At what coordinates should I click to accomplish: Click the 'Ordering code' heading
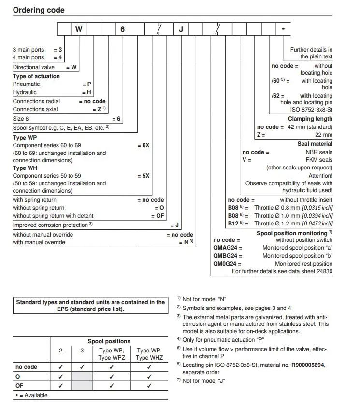coord(39,10)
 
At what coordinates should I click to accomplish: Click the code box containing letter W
coord(79,29)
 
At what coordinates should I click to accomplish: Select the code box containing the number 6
coord(122,29)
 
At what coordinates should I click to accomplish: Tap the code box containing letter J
coord(181,29)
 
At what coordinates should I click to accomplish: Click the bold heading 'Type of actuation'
coord(36,76)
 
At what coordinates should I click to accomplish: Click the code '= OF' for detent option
coord(158,216)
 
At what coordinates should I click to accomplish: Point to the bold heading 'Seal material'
coord(315,144)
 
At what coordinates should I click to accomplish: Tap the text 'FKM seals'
coord(319,160)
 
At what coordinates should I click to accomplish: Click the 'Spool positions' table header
coord(109,341)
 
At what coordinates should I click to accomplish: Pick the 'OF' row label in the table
coord(19,385)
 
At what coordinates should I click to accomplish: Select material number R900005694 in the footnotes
coord(307,365)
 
